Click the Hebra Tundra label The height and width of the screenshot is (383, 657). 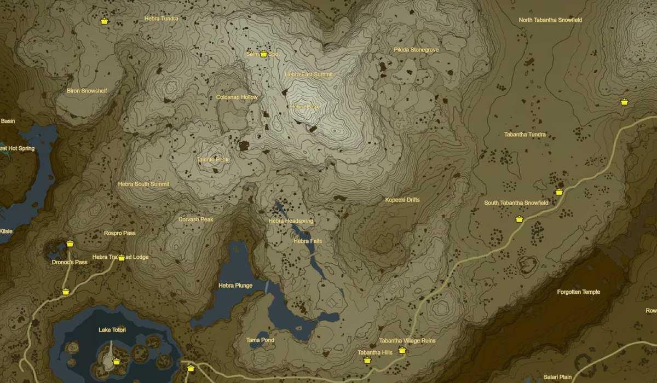pyautogui.click(x=161, y=18)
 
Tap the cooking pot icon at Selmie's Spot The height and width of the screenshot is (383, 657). pyautogui.click(x=263, y=54)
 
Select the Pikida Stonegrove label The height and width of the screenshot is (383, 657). pyautogui.click(x=416, y=50)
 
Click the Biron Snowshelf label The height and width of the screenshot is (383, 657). pyautogui.click(x=87, y=91)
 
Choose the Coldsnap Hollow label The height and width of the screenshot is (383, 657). pyautogui.click(x=237, y=97)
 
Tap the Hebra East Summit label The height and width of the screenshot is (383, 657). pyautogui.click(x=308, y=74)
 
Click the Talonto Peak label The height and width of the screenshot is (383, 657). pyautogui.click(x=212, y=160)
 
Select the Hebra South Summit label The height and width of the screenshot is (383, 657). pyautogui.click(x=143, y=184)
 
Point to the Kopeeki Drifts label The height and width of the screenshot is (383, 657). pyautogui.click(x=402, y=200)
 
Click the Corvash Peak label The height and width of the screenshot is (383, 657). pyautogui.click(x=195, y=219)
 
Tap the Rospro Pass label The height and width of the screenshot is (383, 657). pyautogui.click(x=119, y=233)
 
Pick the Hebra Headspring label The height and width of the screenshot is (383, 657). pyautogui.click(x=291, y=221)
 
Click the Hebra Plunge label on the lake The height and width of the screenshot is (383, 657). pyautogui.click(x=235, y=286)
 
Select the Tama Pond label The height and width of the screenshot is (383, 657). pyautogui.click(x=260, y=340)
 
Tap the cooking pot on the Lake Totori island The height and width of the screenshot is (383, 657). pyautogui.click(x=116, y=361)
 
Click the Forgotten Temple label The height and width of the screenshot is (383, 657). pyautogui.click(x=578, y=292)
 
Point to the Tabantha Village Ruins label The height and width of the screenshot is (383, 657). pyautogui.click(x=407, y=341)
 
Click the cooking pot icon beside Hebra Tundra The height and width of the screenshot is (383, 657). pyautogui.click(x=104, y=21)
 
